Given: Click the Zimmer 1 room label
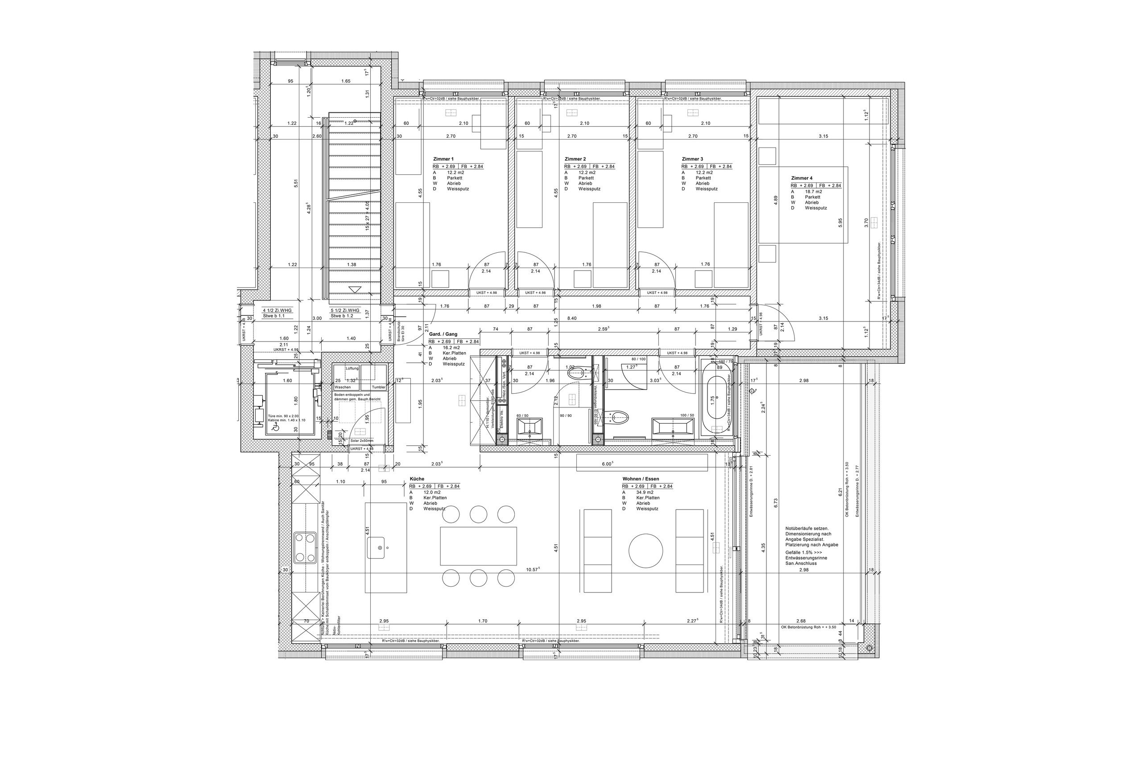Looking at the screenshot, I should pyautogui.click(x=443, y=159).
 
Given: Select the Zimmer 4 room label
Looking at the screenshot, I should pyautogui.click(x=801, y=178).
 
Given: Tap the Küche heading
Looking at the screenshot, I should pyautogui.click(x=417, y=479).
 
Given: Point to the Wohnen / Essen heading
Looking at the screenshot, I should pyautogui.click(x=641, y=479).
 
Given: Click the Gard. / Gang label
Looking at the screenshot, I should pyautogui.click(x=443, y=334).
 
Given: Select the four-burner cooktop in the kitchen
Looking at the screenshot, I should pyautogui.click(x=305, y=547).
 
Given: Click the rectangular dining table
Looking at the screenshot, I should pyautogui.click(x=478, y=546).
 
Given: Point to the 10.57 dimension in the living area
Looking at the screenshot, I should pyautogui.click(x=533, y=569).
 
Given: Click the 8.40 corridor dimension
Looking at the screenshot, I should pyautogui.click(x=571, y=318).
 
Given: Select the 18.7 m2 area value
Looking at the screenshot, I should pyautogui.click(x=813, y=192).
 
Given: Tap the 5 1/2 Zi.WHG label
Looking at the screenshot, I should pyautogui.click(x=345, y=310).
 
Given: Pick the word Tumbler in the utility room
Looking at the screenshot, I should pyautogui.click(x=378, y=387).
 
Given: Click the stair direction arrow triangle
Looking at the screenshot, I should pyautogui.click(x=355, y=289).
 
